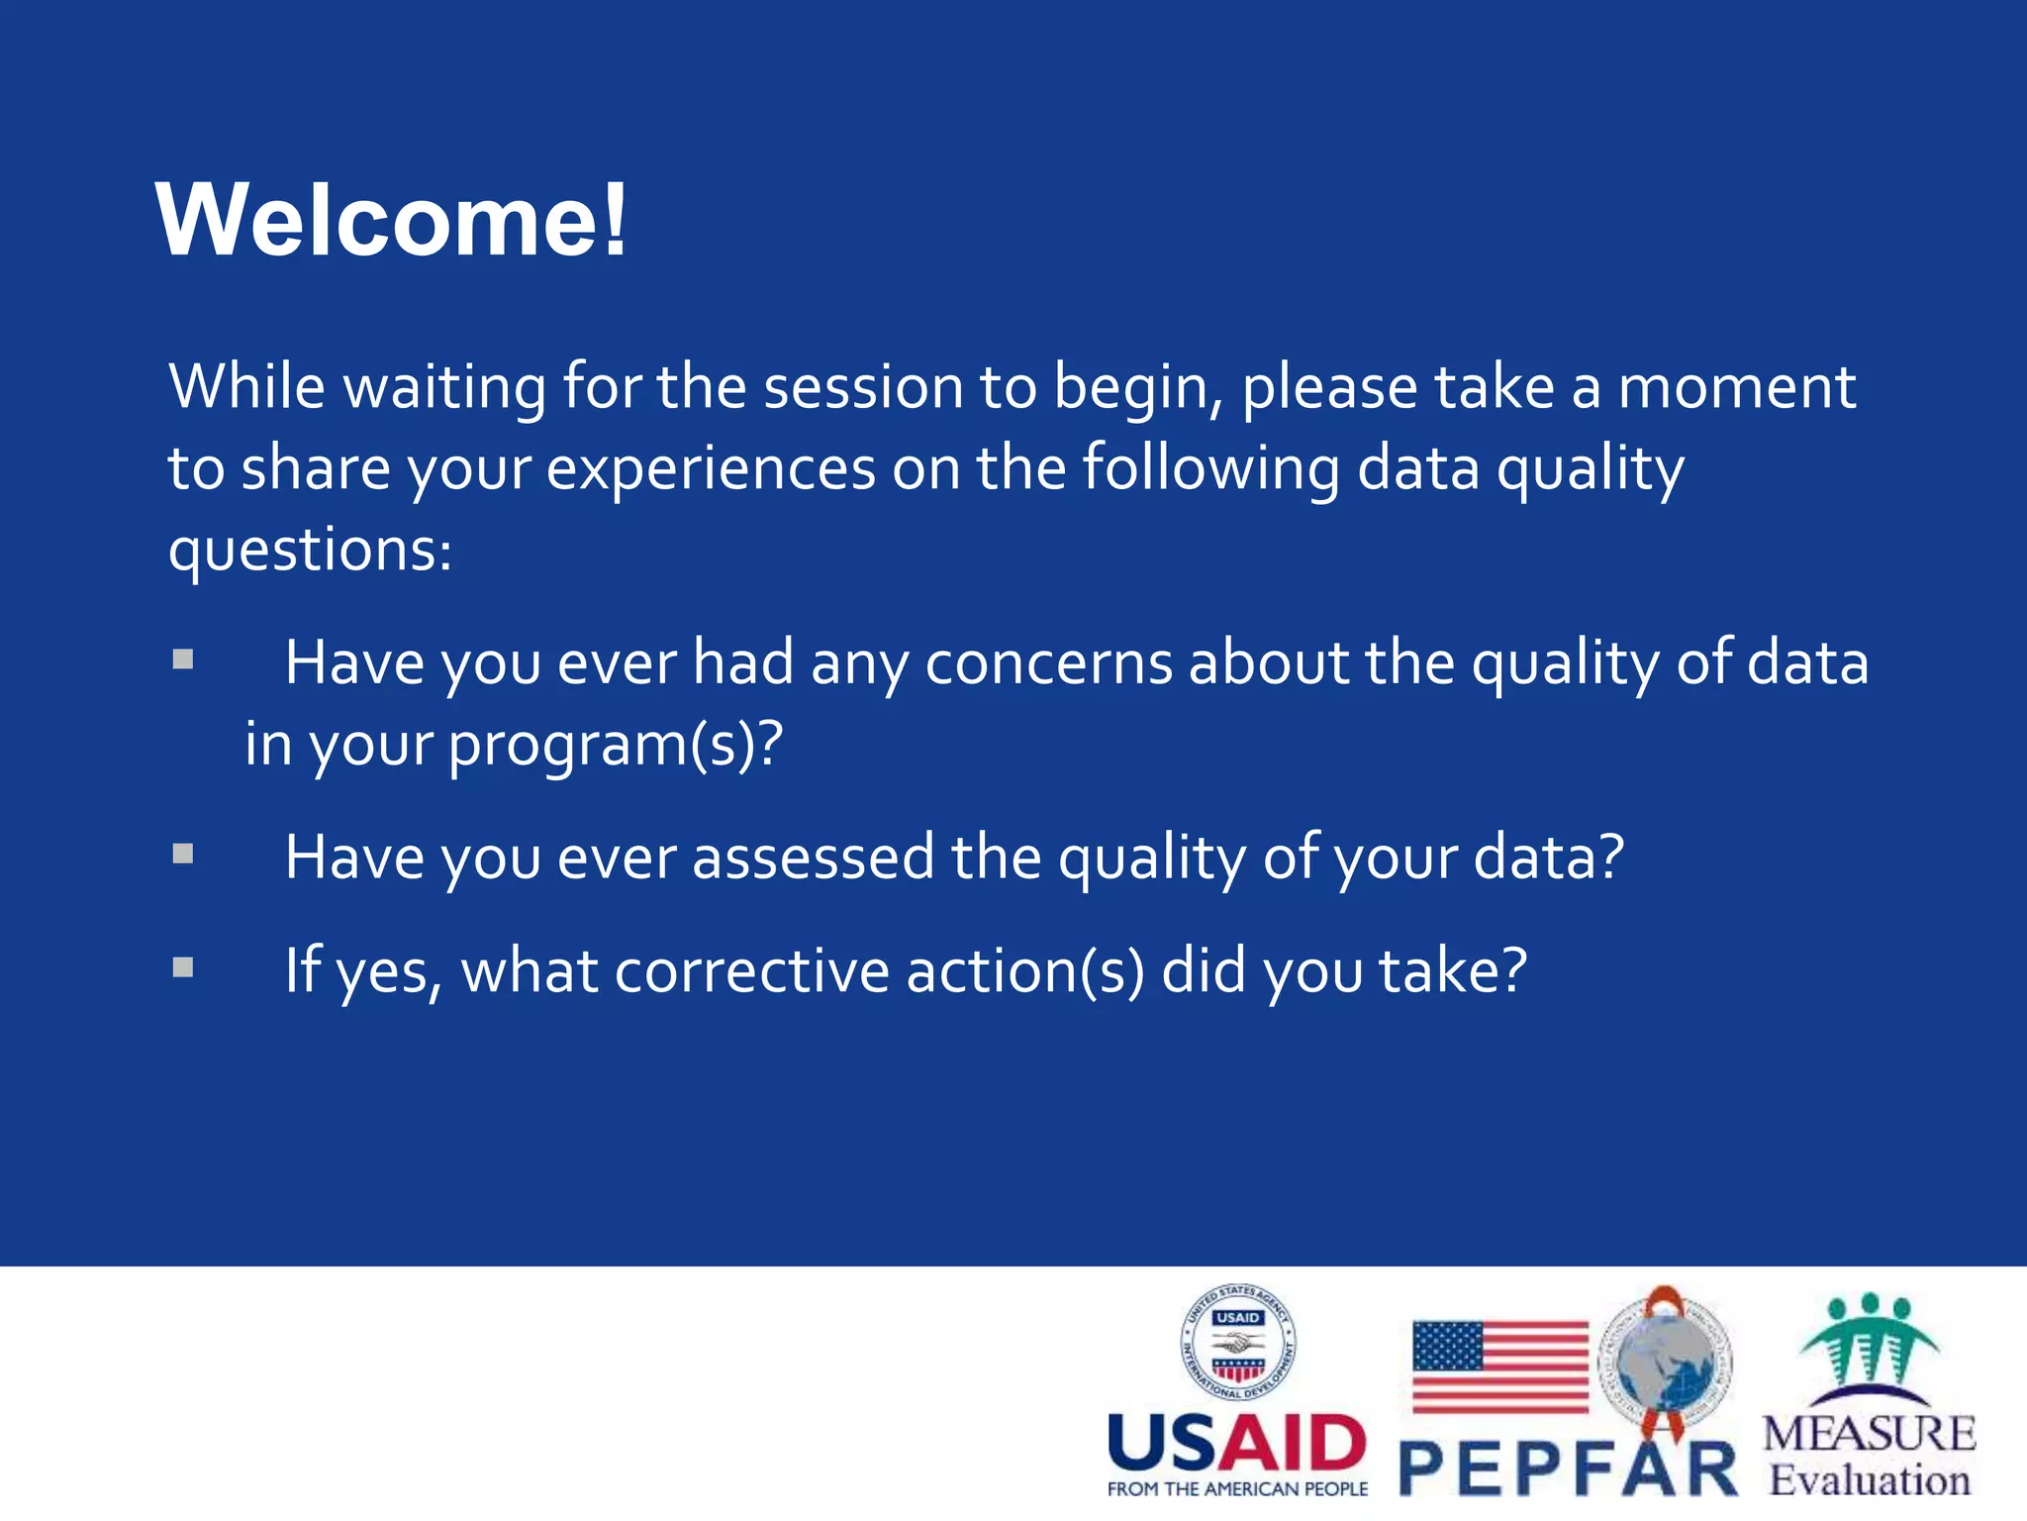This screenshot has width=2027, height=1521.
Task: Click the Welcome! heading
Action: (x=392, y=220)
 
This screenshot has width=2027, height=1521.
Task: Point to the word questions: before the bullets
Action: (x=310, y=551)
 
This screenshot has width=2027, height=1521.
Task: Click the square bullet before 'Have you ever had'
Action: (x=183, y=659)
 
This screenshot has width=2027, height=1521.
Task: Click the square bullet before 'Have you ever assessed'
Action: (x=183, y=854)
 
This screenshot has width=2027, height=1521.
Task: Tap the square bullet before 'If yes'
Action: (x=183, y=967)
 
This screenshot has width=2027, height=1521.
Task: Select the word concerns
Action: (x=1048, y=663)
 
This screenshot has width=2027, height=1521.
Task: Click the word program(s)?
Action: (x=616, y=745)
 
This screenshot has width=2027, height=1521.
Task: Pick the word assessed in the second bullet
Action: (x=813, y=858)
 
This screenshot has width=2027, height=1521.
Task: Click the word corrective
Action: (x=751, y=971)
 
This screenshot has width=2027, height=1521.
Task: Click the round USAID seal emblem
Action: (x=1237, y=1343)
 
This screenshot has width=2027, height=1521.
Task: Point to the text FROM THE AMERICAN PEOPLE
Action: (x=1237, y=1489)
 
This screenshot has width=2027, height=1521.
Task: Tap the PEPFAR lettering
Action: (x=1568, y=1470)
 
